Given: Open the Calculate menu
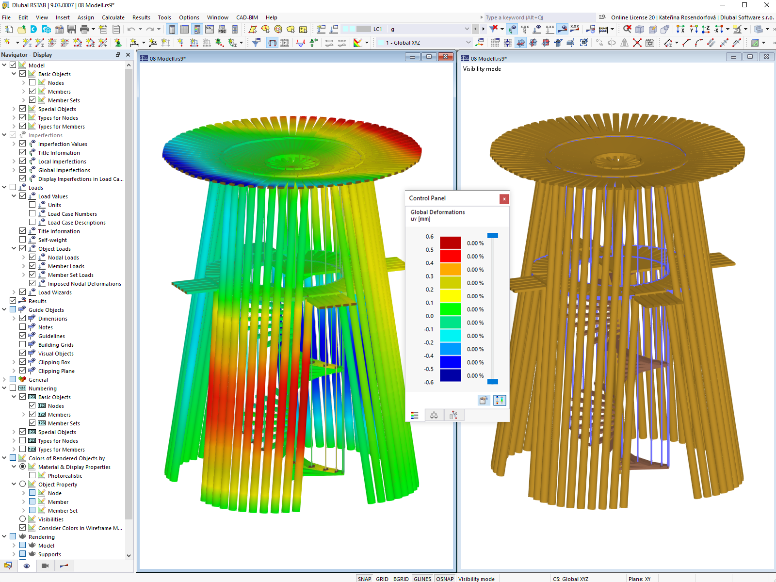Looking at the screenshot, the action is pos(113,17).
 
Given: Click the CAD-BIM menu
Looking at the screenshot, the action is pos(247,17).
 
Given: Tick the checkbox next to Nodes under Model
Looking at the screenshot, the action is pos(32,82).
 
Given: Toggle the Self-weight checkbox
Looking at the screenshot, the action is pos(23,240).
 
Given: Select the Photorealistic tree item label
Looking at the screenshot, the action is pos(65,476).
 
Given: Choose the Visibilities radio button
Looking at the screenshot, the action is pos(23,519).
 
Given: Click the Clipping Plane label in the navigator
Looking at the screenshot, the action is pos(56,371).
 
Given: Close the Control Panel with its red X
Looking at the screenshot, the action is pos(504,199).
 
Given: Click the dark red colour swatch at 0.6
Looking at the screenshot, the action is pos(450,243).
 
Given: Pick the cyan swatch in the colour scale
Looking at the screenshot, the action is pos(450,335).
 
